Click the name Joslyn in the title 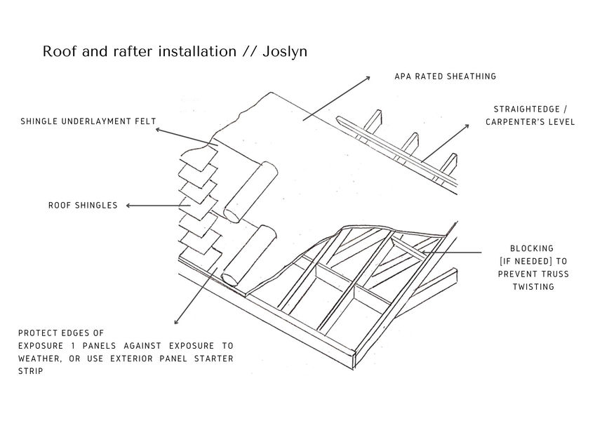[285, 52]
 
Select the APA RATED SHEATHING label [445, 76]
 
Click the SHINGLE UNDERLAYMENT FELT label [88, 121]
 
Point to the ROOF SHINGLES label [83, 206]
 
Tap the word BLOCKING [532, 248]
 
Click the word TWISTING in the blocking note [533, 286]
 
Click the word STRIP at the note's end [30, 371]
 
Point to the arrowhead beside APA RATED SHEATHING [368, 78]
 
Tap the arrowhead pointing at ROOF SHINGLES [128, 206]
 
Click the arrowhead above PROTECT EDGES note [176, 321]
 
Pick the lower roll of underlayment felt [249, 256]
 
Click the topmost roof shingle [199, 157]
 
